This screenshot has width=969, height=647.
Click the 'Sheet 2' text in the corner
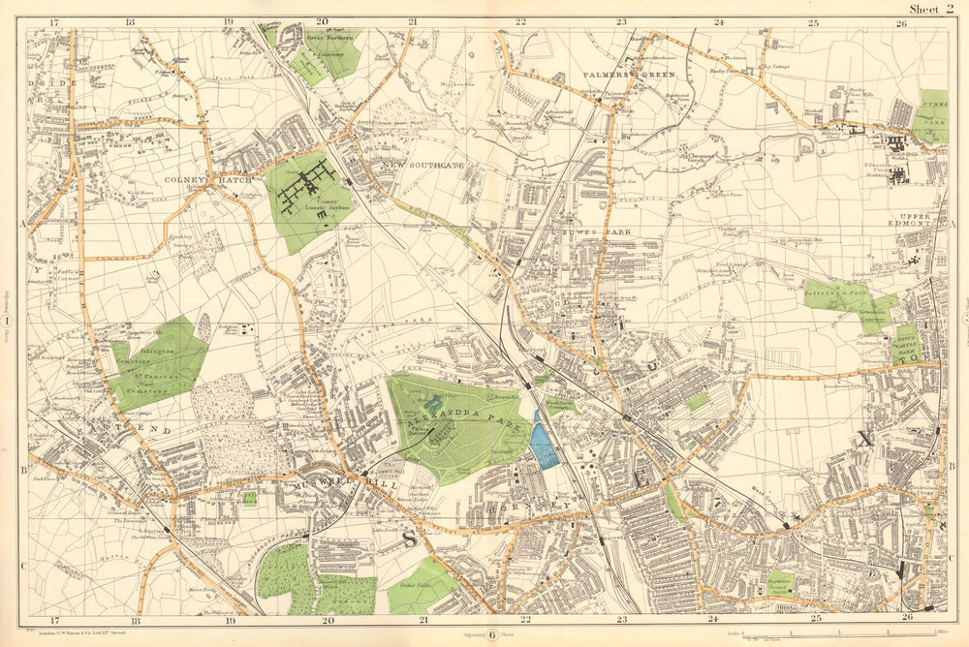[929, 10]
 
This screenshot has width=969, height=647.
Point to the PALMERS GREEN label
[622, 74]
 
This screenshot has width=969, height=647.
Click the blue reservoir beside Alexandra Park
[545, 442]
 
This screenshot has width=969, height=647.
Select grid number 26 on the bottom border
[907, 617]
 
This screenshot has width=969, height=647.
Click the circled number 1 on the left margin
[8, 321]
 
